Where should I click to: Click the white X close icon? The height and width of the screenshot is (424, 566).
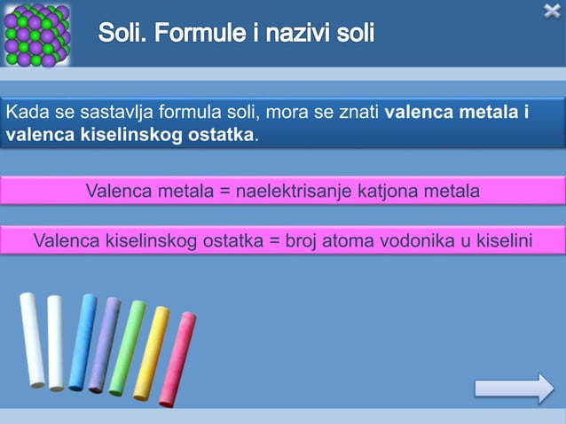(x=552, y=11)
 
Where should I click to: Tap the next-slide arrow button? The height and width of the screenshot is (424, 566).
(x=514, y=389)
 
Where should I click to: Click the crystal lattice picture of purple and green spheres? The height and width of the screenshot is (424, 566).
(x=36, y=35)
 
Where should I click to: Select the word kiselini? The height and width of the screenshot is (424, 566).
(x=499, y=239)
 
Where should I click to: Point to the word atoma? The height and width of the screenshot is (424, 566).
(x=336, y=239)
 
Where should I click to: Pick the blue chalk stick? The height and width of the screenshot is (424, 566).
(x=83, y=342)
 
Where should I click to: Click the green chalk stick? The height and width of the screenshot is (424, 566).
(x=128, y=348)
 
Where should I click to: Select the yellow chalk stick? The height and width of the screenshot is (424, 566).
(x=151, y=353)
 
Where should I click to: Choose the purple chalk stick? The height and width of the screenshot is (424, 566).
(x=105, y=344)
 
